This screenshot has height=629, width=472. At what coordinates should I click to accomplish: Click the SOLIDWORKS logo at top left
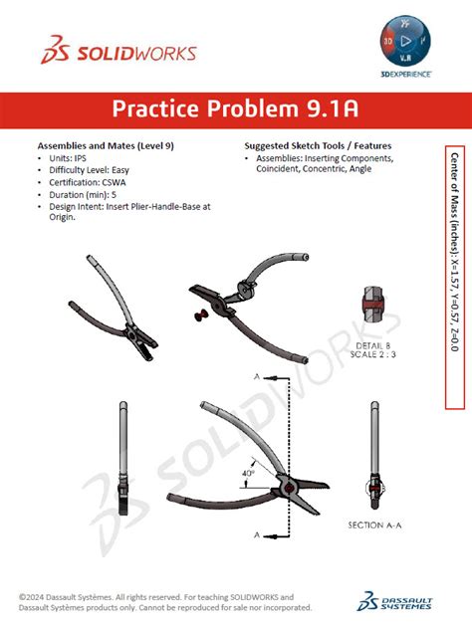pos(118,52)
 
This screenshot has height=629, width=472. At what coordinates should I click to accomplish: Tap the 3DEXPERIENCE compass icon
pos(404,42)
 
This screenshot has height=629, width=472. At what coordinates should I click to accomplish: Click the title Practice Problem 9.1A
pos(235,108)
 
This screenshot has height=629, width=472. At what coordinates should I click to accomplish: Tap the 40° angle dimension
pos(247,475)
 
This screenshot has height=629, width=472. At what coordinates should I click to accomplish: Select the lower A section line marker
pos(258,535)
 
